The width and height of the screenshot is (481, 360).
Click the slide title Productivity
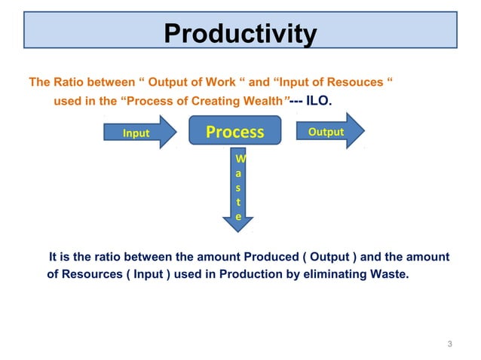pyautogui.click(x=240, y=34)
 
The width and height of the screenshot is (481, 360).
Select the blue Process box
pyautogui.click(x=235, y=133)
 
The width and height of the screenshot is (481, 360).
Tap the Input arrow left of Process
pyautogui.click(x=141, y=133)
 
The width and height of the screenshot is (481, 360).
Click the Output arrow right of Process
pyautogui.click(x=329, y=132)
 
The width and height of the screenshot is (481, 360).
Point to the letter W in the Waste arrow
pyautogui.click(x=240, y=159)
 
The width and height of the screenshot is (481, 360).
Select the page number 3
pyautogui.click(x=449, y=344)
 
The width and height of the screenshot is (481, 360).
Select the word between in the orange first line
pyautogui.click(x=113, y=82)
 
